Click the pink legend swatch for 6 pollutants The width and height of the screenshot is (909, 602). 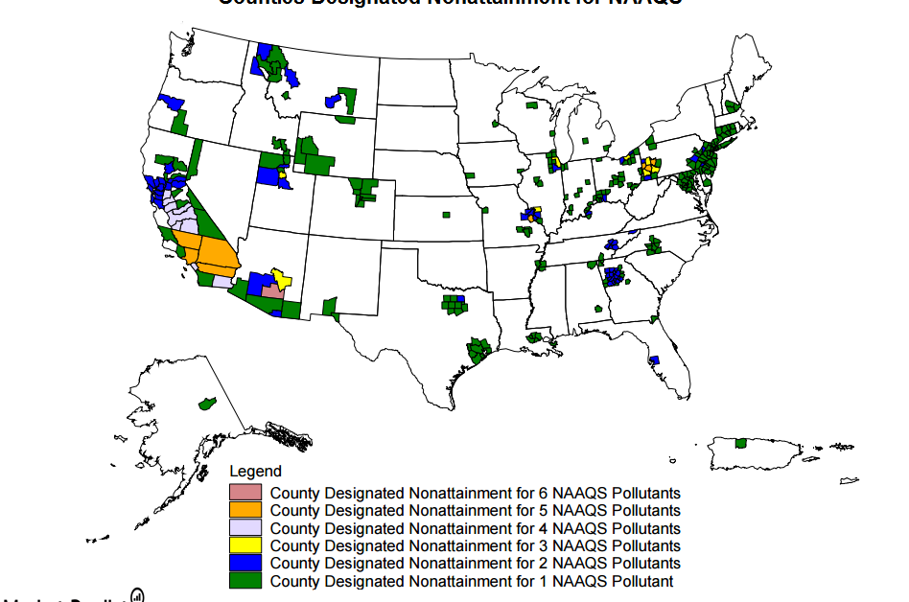pos(245,493)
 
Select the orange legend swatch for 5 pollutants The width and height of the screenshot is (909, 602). pos(245,510)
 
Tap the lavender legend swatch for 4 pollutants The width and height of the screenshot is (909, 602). pos(245,528)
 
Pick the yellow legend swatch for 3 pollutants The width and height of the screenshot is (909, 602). pos(245,545)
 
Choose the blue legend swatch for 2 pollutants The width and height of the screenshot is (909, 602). pos(245,563)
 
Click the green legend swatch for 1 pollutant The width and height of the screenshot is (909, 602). pos(245,581)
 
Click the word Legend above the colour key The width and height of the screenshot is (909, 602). pos(255,472)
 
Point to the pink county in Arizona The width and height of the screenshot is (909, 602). pos(272,290)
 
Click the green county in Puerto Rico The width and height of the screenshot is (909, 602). pos(740,444)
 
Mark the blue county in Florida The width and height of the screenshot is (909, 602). pos(654,360)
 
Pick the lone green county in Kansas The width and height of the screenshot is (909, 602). pos(446,216)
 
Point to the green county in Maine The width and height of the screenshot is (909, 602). pos(732,106)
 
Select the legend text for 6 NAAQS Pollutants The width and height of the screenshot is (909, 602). pos(475,493)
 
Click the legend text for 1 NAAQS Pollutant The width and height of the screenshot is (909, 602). pos(471,581)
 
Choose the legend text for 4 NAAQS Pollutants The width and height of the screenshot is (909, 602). pos(475,528)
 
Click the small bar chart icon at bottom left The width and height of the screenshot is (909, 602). pos(137,595)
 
